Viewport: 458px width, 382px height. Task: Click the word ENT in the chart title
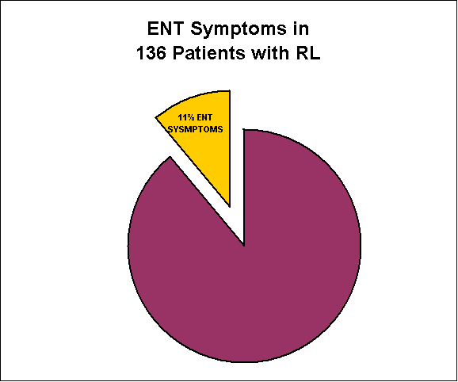pos(166,29)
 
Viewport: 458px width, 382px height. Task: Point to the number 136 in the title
pos(151,53)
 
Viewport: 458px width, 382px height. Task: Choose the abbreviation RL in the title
pos(308,53)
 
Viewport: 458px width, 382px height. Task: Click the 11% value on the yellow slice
pos(185,118)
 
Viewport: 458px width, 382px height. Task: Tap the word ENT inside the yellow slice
pos(204,118)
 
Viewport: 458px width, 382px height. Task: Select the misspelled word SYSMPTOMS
pos(196,129)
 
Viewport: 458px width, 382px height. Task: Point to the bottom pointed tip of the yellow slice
pos(230,206)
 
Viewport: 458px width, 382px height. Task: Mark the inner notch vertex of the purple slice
pos(243,245)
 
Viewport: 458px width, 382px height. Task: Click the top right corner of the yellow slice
pos(230,91)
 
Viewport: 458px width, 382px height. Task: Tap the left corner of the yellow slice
pos(156,118)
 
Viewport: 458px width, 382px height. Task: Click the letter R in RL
pos(303,53)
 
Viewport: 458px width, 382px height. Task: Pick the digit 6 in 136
pos(160,53)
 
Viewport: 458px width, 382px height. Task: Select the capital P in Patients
pos(178,53)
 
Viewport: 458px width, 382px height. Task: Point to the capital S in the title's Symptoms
pos(197,29)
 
